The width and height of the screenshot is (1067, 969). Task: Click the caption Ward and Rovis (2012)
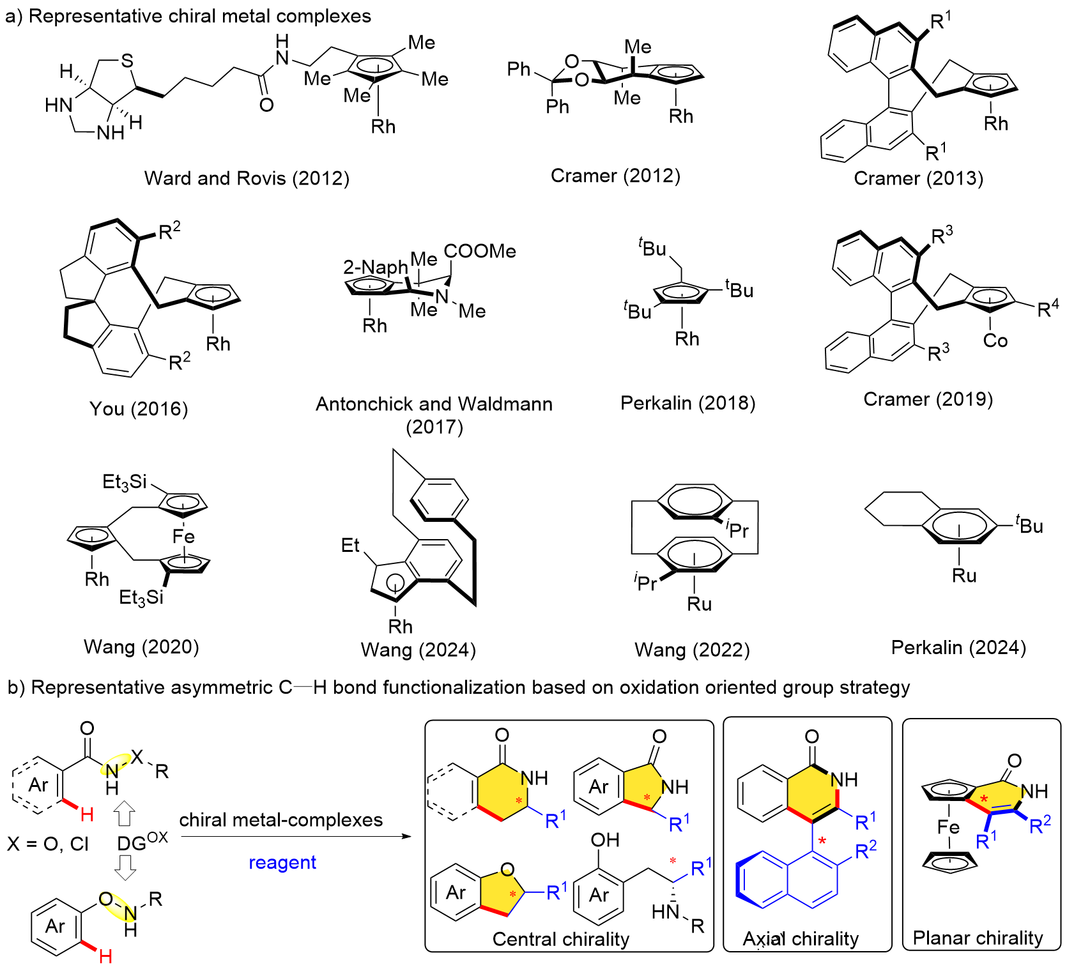point(247,178)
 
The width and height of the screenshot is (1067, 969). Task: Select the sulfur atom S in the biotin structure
point(127,61)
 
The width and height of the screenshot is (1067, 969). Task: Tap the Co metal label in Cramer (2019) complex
point(995,340)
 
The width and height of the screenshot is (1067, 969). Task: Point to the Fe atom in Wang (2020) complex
point(183,537)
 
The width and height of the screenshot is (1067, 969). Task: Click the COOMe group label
point(480,251)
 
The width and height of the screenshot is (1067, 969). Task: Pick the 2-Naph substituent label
point(375,267)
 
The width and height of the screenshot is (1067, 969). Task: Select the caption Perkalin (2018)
point(687,403)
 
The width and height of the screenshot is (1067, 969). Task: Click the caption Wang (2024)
point(418,650)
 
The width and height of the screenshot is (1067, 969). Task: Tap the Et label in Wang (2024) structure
point(350,546)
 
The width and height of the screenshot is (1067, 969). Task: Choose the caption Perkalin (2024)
point(958,648)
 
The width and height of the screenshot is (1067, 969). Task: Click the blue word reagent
point(282,862)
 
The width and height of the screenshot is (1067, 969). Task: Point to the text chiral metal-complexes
point(281,820)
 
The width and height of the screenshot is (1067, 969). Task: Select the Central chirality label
point(560,939)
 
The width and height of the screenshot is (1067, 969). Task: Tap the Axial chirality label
point(801,939)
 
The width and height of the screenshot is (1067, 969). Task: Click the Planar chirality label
point(978,938)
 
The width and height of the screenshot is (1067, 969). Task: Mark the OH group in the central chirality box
point(604,839)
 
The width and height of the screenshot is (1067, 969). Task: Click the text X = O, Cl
point(48,844)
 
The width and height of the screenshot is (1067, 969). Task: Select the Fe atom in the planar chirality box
point(948,828)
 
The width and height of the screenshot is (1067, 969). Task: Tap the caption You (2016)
point(139,409)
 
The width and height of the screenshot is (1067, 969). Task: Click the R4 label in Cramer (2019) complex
point(1047,309)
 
